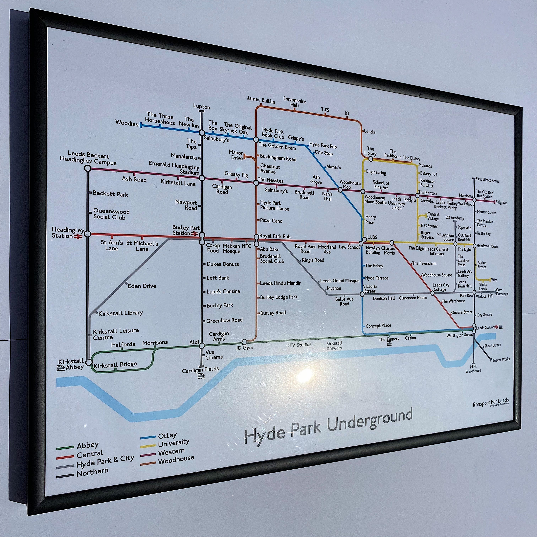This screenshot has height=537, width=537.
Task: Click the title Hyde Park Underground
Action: pyautogui.click(x=328, y=427)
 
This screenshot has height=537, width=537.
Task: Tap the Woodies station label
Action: pyautogui.click(x=127, y=123)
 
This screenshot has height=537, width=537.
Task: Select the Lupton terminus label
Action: pyautogui.click(x=202, y=107)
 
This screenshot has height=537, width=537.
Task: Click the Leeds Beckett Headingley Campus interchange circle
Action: pyautogui.click(x=88, y=168)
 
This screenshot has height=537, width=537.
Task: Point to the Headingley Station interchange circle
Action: pyautogui.click(x=88, y=234)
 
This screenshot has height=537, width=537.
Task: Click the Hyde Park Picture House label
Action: pyautogui.click(x=274, y=206)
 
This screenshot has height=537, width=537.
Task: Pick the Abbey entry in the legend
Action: pyautogui.click(x=88, y=446)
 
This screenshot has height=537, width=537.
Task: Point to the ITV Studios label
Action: pyautogui.click(x=300, y=345)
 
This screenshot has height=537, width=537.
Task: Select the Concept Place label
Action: pyautogui.click(x=378, y=326)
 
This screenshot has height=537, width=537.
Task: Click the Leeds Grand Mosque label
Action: pyautogui.click(x=340, y=281)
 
